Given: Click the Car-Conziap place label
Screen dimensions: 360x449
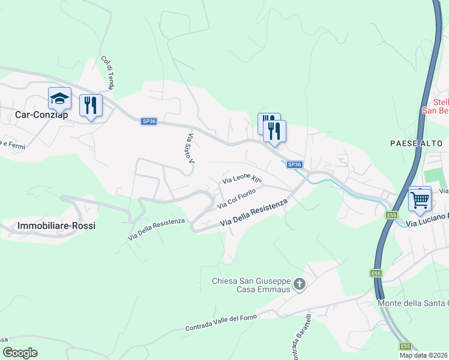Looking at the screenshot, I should (41, 114).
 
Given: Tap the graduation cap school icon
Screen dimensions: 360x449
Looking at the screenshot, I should (59, 98).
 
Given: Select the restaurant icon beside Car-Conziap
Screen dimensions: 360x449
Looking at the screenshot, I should (91, 106).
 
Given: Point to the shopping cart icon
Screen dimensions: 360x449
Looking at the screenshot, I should (420, 199).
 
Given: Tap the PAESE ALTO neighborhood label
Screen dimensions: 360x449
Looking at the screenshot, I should (415, 143).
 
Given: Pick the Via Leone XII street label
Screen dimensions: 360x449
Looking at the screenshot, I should (243, 179).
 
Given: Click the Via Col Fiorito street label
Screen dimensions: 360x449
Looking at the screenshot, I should (237, 199).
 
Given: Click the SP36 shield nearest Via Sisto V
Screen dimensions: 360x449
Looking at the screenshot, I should (149, 121).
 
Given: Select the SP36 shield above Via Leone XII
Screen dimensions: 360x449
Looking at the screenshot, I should (294, 164).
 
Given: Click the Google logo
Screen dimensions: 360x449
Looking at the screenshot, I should (20, 353).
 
